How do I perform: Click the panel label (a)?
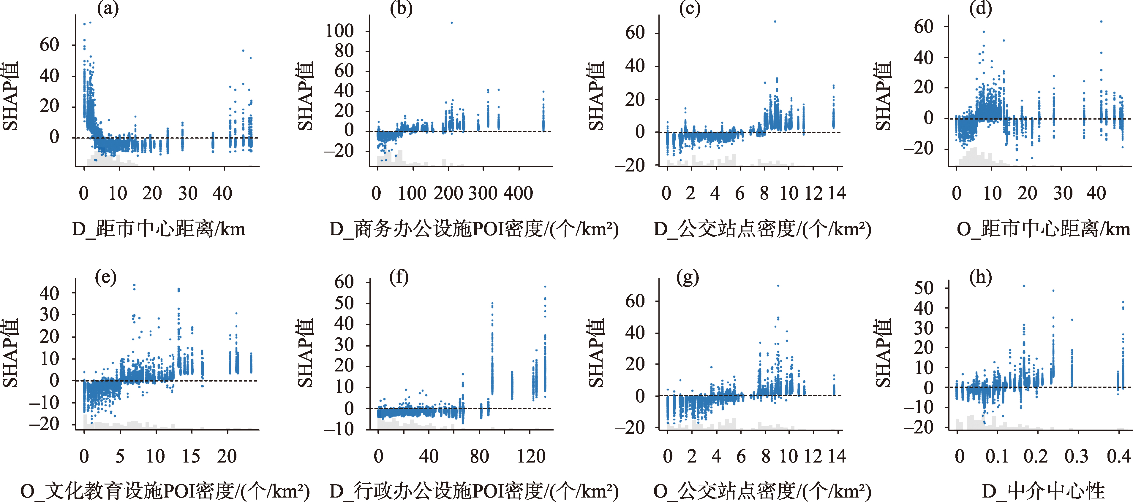108,9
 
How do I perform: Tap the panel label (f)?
399,277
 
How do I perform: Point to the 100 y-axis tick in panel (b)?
339,31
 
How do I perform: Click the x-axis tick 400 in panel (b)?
518,193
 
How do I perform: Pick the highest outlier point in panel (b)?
452,23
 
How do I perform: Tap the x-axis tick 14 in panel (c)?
837,193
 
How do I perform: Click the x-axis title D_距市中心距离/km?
158,229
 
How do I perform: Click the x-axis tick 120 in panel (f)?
531,456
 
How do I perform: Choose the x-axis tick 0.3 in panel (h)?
1076,456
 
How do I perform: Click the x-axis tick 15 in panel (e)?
191,456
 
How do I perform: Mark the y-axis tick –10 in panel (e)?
44,402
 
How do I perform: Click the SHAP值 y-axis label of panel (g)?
596,353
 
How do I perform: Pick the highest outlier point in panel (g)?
778,286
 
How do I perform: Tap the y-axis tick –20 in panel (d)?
919,149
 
